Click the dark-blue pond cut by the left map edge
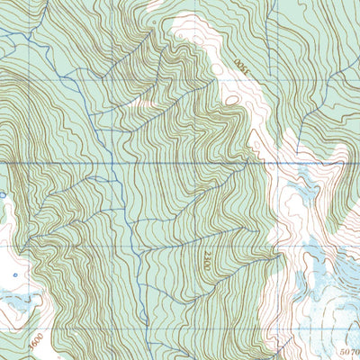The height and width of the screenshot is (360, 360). (2, 193)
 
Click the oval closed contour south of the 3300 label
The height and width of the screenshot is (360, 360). (232, 98)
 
